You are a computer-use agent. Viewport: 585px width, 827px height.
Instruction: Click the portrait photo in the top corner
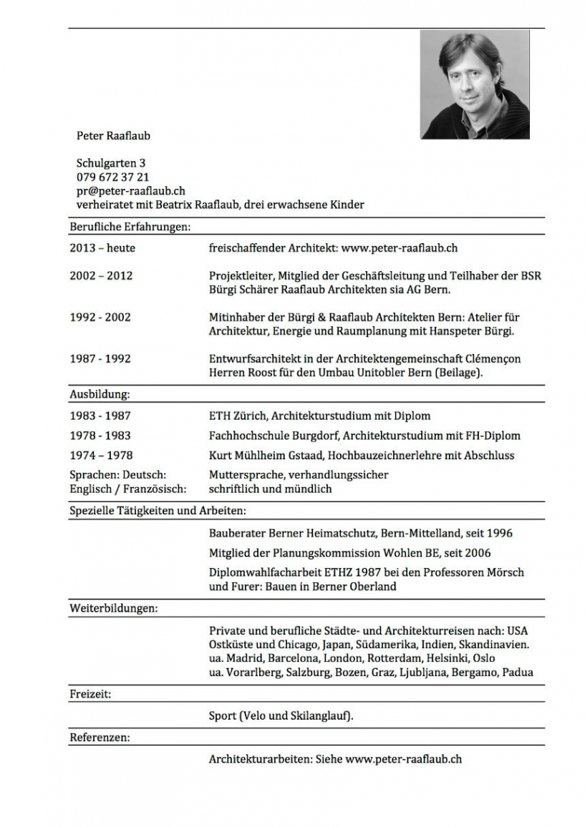point(475,84)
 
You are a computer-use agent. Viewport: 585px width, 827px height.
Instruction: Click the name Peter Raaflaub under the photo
point(113,135)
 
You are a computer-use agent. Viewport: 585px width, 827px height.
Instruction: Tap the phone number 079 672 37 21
point(112,177)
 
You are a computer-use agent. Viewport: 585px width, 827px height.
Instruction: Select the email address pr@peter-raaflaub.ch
point(131,190)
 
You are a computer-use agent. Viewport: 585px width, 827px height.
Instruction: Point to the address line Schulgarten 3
point(111,163)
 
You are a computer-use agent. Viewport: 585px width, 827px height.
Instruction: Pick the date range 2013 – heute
point(102,248)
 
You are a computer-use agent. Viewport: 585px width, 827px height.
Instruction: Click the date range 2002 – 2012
point(101,275)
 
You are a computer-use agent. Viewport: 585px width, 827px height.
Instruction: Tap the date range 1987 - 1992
point(100,358)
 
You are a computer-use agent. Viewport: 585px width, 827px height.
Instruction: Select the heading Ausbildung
point(100,394)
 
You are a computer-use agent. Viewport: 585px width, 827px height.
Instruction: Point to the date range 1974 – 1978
point(101,455)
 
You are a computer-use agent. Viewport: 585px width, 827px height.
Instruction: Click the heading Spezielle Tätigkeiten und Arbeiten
point(158,511)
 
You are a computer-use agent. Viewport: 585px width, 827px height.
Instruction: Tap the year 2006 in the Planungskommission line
point(477,553)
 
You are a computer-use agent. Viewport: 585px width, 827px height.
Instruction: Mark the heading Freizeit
point(90,694)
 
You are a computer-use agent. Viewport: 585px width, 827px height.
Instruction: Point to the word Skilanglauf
point(321,715)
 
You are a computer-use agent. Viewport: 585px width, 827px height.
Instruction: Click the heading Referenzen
point(100,737)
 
